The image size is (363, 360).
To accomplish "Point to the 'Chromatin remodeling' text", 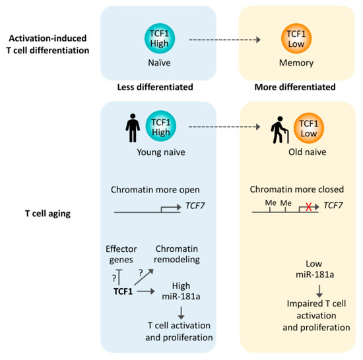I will click(x=180, y=254).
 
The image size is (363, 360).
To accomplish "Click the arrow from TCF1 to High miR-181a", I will click(x=154, y=289).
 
